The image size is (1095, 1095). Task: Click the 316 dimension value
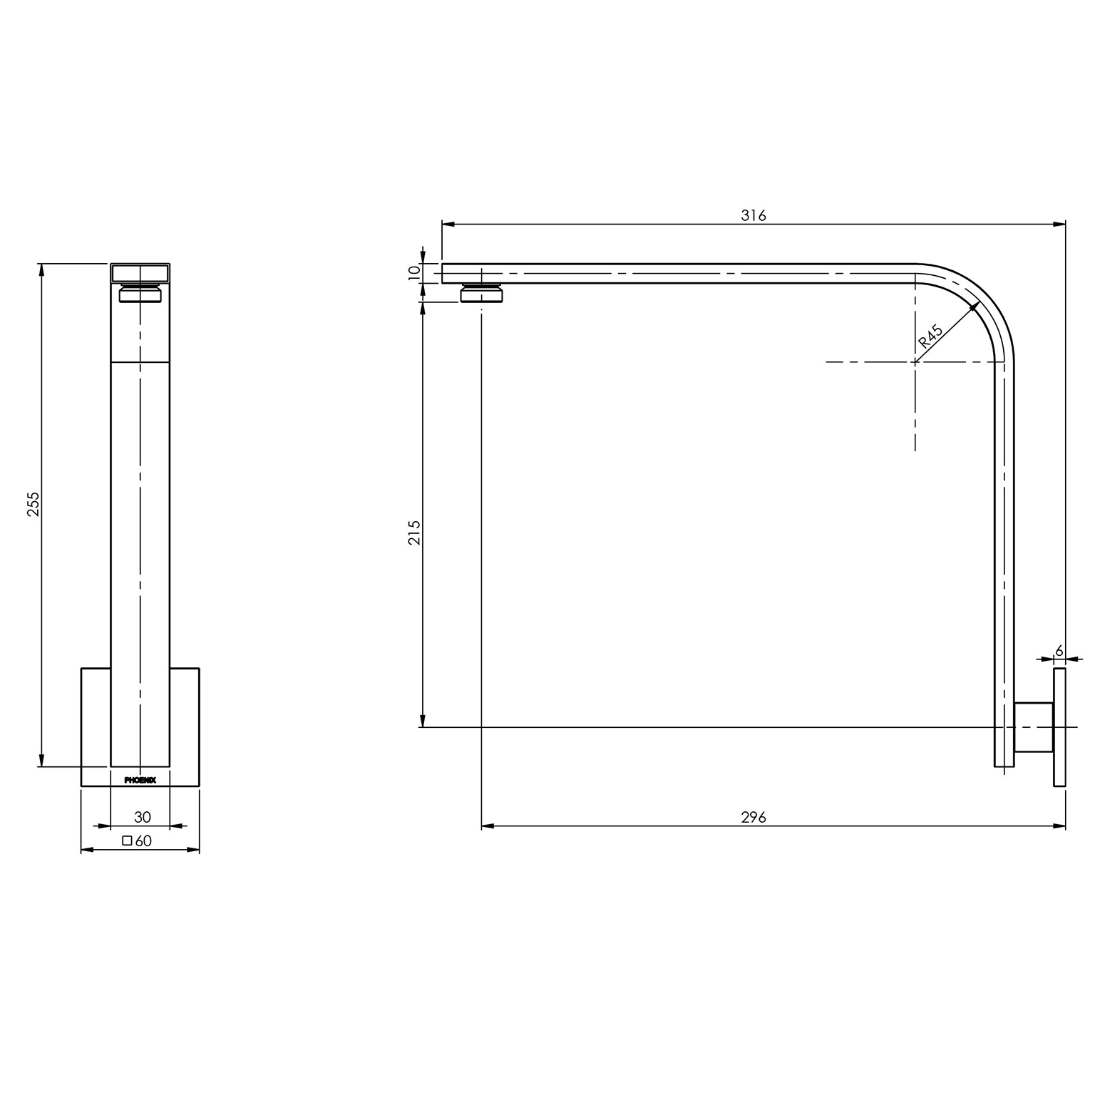(x=753, y=215)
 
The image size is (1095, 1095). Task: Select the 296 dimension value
(x=753, y=817)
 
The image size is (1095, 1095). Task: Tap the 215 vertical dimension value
(x=415, y=533)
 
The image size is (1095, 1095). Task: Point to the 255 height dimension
(x=34, y=504)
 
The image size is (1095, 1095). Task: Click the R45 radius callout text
(x=931, y=336)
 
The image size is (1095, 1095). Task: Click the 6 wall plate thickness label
(x=1059, y=650)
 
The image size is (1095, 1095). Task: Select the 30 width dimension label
(x=142, y=818)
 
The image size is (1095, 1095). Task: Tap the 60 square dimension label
(x=143, y=841)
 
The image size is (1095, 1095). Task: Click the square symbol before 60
(x=127, y=840)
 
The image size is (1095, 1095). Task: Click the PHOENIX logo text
(x=140, y=780)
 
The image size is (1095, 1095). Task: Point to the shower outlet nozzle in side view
(x=483, y=293)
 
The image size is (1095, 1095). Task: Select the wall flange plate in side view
(x=1059, y=727)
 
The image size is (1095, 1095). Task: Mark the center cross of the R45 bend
(x=915, y=362)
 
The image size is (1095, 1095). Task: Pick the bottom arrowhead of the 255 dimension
(x=42, y=765)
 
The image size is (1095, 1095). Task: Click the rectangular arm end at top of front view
(x=140, y=273)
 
